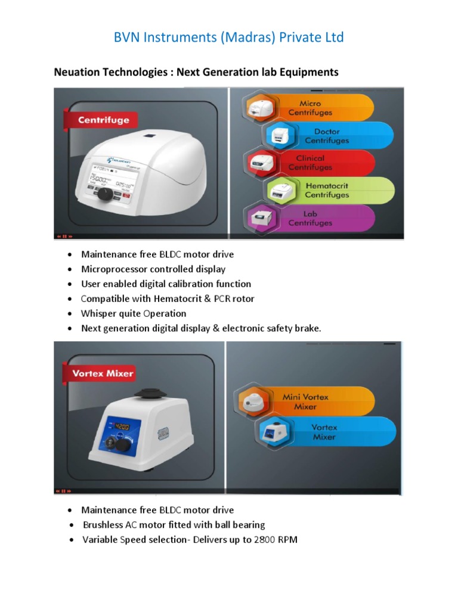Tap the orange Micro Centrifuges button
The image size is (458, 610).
[316, 108]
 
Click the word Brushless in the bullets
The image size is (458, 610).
[103, 525]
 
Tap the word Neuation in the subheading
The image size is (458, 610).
[75, 72]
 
